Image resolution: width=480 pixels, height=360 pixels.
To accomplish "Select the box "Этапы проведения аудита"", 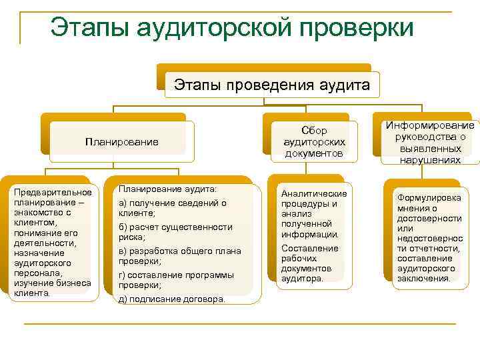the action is point(271,85).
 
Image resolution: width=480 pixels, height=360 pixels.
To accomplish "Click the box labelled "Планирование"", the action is point(121,141).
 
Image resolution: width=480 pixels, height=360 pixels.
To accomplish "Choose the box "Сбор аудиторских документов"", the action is point(314,142).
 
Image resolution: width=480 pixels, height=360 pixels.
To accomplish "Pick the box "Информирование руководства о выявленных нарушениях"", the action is point(430,142).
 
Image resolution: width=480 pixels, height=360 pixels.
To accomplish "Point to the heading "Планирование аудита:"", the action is point(167,189).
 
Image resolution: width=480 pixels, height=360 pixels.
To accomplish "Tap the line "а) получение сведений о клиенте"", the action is point(172,208).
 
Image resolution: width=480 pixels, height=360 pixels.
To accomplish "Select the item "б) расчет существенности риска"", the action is point(175,232).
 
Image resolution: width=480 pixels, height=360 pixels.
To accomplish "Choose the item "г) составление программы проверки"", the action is point(176,280).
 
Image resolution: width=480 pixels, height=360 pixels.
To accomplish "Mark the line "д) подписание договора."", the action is point(171,299).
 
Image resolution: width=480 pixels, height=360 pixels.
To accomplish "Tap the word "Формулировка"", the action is point(429,198).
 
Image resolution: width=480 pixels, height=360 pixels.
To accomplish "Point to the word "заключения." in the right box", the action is point(423,278).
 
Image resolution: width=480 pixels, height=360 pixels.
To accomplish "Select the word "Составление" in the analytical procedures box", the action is point(309,248).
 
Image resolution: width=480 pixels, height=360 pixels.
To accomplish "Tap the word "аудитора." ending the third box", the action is point(302,278).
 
